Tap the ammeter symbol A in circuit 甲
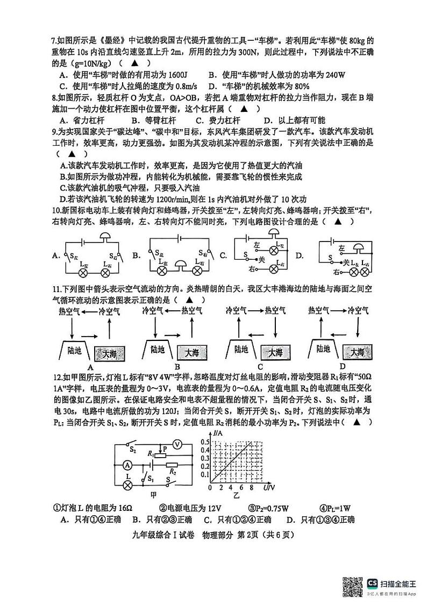(x=127, y=464)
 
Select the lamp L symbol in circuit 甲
(x=127, y=485)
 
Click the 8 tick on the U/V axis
(x=250, y=488)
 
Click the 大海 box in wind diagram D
(x=357, y=352)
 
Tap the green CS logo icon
(x=372, y=583)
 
